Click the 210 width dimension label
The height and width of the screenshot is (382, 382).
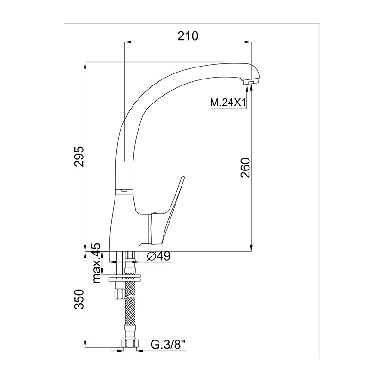point(188,36)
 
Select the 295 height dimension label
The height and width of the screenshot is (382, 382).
point(79,157)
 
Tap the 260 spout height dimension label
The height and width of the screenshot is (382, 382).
point(245,168)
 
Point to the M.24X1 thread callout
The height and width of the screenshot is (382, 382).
point(228,103)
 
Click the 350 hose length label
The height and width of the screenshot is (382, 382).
point(79,299)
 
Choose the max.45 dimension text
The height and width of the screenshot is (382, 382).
point(97,263)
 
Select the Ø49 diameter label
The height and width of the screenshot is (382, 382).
point(159,256)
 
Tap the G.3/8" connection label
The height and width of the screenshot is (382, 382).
point(168,345)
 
